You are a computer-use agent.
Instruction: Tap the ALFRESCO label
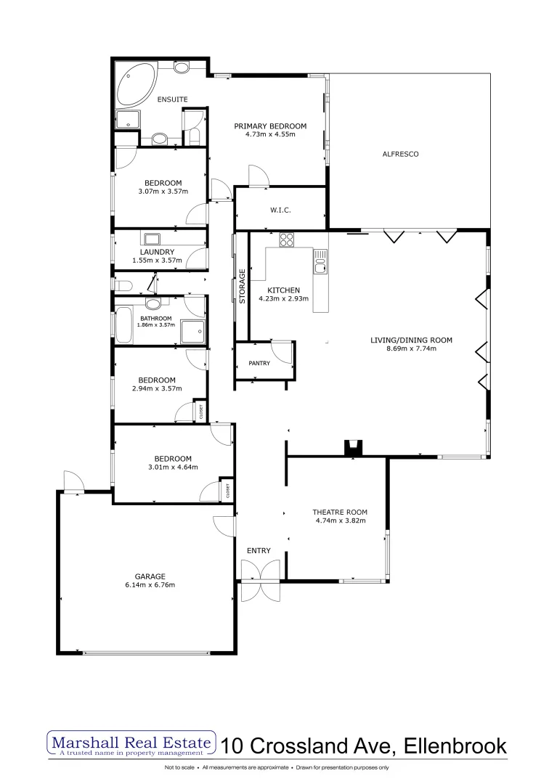(401, 154)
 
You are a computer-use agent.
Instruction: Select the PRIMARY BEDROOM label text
(270, 126)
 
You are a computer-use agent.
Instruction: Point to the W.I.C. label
(280, 211)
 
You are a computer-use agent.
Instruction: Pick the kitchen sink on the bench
(320, 262)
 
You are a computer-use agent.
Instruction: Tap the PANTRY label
(259, 363)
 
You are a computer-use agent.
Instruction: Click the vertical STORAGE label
(243, 285)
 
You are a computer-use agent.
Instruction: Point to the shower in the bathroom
(192, 332)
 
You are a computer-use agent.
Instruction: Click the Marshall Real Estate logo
(131, 744)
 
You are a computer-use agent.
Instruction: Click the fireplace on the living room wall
(354, 449)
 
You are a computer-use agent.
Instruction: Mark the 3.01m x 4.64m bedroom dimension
(173, 467)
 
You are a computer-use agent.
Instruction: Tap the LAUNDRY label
(157, 252)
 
